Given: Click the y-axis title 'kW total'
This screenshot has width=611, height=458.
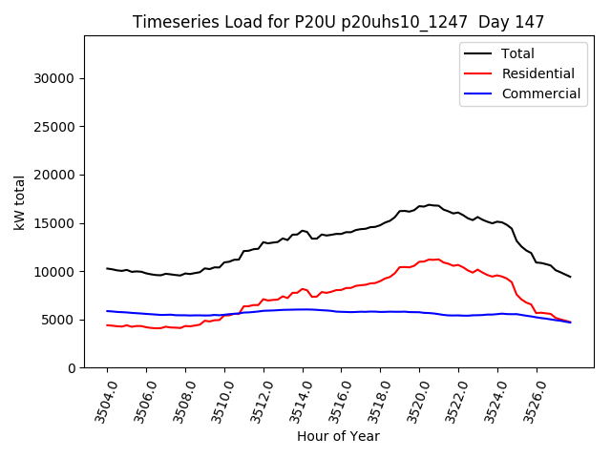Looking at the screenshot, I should tap(20, 201).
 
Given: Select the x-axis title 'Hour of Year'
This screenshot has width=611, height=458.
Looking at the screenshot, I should tap(338, 436).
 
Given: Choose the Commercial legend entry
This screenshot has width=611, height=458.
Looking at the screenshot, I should tap(540, 94).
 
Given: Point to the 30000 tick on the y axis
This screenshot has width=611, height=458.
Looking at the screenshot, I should tap(55, 78).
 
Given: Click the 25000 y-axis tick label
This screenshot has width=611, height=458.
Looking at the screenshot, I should tap(55, 127).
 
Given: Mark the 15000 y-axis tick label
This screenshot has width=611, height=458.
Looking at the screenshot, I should tap(55, 223).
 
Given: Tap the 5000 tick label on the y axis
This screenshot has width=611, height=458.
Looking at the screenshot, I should tap(59, 320).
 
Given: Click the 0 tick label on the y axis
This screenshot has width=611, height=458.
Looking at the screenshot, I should tap(71, 368).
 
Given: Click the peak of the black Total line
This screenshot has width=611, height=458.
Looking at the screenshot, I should tap(429, 204).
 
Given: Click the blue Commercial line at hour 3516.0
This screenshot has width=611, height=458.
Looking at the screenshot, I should tap(342, 312).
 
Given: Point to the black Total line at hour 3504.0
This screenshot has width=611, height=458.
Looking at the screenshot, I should tap(107, 268).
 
